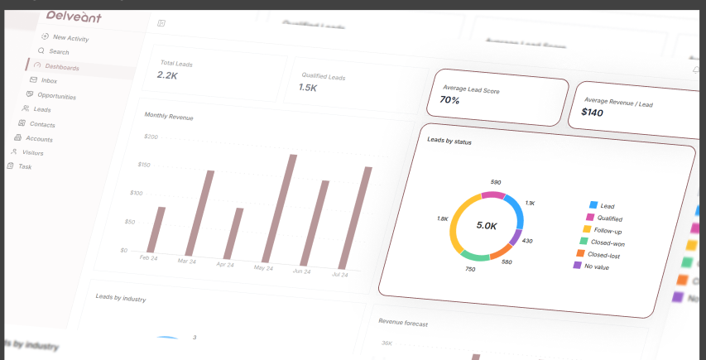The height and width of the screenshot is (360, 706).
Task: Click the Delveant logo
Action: pos(74,16)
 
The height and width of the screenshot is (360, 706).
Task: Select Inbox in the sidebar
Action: pos(48,81)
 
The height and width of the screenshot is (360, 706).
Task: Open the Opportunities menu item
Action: pos(55,96)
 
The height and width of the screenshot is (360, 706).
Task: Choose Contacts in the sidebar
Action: pos(41,124)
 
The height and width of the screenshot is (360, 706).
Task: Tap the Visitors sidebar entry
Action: pos(32,153)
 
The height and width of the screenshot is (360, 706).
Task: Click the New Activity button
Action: pos(70,38)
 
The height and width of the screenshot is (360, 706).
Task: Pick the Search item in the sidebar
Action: pos(59,52)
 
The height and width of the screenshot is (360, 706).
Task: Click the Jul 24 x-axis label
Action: pos(339,274)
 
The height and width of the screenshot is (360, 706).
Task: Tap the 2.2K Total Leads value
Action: pos(167,75)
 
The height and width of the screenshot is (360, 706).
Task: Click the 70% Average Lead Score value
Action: pos(449,100)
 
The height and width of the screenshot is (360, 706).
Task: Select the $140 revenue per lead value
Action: pos(592,111)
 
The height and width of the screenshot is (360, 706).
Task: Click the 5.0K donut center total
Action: pos(487,225)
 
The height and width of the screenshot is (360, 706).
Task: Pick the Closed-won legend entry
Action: pos(606,243)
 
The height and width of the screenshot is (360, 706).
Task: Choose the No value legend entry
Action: pos(596,266)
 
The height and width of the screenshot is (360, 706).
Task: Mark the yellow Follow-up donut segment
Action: pos(456,222)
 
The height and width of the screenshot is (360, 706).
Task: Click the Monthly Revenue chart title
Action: pos(168,117)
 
